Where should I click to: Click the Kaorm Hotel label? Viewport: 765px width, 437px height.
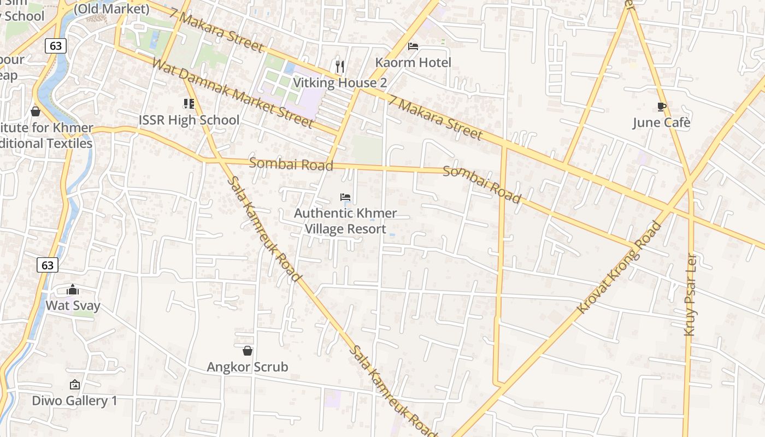tap(413, 62)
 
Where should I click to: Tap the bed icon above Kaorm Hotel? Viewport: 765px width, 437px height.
tap(413, 46)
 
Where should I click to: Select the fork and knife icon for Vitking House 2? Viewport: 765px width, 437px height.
tap(340, 67)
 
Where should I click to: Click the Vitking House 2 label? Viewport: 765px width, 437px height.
tap(340, 82)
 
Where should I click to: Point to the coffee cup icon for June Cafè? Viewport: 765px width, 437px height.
tap(662, 107)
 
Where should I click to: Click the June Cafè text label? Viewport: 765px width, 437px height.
tap(662, 122)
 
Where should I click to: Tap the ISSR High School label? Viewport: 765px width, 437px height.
tap(189, 120)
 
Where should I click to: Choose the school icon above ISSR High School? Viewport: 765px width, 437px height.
tap(189, 103)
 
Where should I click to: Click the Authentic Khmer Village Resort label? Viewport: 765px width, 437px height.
tap(345, 221)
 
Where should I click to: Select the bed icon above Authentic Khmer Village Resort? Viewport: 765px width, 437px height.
tap(345, 197)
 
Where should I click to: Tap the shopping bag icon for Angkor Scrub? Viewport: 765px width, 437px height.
tap(248, 351)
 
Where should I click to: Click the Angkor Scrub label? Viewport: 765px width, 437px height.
tap(248, 367)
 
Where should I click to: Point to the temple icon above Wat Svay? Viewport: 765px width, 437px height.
tap(73, 290)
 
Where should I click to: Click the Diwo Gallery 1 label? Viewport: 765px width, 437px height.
tap(74, 400)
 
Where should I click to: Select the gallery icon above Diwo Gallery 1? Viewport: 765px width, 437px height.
tap(74, 385)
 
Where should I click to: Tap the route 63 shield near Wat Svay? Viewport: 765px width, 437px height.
tap(48, 265)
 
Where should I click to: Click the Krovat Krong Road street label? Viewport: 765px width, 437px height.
tap(619, 267)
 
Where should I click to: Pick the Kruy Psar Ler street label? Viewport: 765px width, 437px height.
tap(691, 295)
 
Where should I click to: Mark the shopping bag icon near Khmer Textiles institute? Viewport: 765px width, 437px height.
tap(36, 111)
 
